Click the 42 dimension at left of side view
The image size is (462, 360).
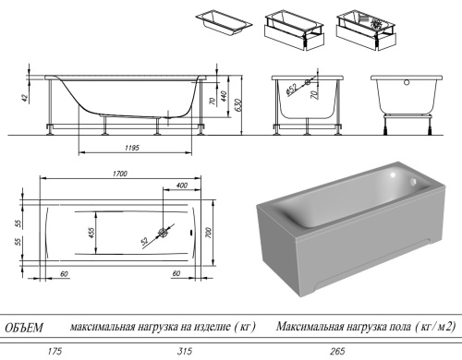tap(28, 93)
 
